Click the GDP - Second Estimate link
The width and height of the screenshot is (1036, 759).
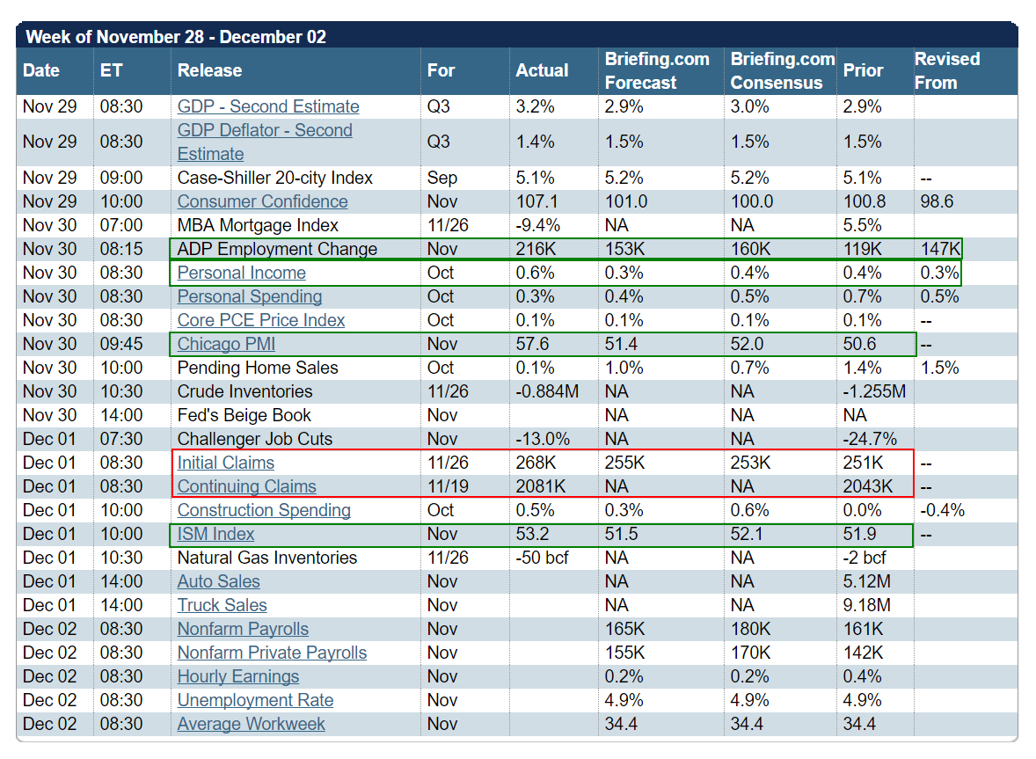268,106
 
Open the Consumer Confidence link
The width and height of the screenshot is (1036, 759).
262,201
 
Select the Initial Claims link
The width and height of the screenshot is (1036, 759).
226,463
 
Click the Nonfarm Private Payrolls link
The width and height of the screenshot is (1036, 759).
272,653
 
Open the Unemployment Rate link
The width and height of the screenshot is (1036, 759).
255,700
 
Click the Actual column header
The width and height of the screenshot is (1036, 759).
542,70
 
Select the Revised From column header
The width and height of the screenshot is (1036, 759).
946,70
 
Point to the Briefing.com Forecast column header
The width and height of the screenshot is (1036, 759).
656,70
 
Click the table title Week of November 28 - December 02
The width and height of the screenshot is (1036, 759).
176,37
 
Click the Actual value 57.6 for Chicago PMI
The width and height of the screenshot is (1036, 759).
533,344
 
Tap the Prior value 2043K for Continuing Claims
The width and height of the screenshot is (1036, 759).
868,486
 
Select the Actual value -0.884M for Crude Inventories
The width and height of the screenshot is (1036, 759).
547,391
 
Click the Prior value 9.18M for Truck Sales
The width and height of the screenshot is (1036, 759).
867,605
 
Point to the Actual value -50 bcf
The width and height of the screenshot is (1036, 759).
542,558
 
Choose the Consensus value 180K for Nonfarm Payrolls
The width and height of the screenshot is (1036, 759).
750,629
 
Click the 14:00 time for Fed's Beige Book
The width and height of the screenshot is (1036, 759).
120,415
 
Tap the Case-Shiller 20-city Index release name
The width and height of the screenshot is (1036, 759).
275,178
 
